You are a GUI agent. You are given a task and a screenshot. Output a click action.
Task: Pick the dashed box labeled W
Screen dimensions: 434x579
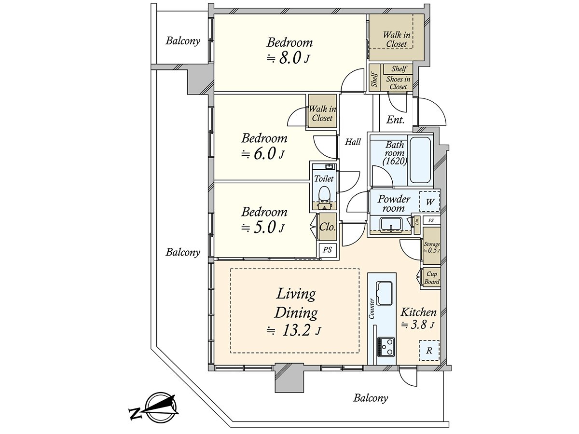coord(429,202)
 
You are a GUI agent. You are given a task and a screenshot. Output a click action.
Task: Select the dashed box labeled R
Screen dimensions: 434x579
coord(429,351)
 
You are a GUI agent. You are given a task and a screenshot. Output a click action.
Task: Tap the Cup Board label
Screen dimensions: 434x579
coord(432,278)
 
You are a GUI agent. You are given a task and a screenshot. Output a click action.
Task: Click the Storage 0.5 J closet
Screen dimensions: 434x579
coord(432,247)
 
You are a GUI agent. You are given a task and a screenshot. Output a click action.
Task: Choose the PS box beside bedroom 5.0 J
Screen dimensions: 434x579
coord(327,250)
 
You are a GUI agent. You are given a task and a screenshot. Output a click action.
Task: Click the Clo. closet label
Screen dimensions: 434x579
coord(328,227)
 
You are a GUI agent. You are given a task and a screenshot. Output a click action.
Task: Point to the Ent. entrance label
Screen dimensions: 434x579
coord(395,120)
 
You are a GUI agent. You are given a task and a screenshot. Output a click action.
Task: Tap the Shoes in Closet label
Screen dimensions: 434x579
coord(398,83)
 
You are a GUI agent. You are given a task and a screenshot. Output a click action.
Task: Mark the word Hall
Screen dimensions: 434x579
coord(353,142)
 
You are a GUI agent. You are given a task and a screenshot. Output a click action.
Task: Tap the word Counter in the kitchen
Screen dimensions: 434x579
coord(372,308)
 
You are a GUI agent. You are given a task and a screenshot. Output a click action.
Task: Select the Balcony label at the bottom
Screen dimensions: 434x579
coord(371,398)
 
